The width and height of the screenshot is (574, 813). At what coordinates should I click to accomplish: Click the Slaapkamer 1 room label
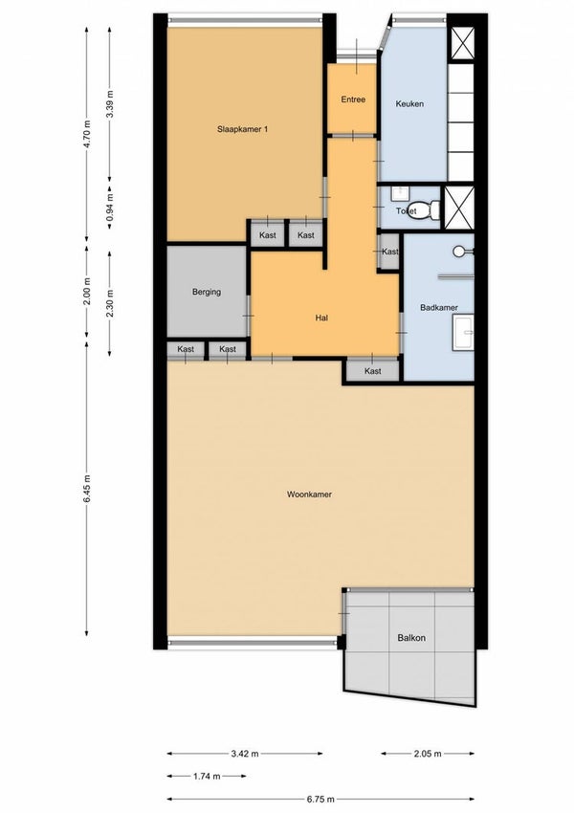[x=242, y=130]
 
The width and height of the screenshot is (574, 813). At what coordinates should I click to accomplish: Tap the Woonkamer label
[x=309, y=494]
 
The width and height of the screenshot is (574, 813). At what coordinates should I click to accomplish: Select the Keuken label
[x=409, y=103]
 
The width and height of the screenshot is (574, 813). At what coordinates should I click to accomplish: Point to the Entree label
[x=353, y=99]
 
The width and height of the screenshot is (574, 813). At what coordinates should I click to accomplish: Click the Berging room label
[x=207, y=292]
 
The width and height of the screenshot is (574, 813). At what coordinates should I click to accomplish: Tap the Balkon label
[x=411, y=638]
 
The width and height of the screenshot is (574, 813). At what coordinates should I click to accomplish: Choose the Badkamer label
[x=439, y=307]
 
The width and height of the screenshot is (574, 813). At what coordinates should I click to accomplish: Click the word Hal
[x=321, y=318]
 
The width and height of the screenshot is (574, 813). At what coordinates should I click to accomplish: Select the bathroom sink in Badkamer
[x=463, y=332]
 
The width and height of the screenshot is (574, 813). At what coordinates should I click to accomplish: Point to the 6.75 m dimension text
[x=320, y=799]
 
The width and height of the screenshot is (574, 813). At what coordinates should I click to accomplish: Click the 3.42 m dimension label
[x=245, y=754]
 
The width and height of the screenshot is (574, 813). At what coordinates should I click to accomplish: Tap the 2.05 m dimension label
[x=428, y=754]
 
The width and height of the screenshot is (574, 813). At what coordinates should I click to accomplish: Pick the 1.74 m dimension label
[x=207, y=777]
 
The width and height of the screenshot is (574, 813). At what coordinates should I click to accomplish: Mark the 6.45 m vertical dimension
[x=87, y=489]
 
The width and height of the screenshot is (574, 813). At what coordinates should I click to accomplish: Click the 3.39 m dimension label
[x=109, y=103]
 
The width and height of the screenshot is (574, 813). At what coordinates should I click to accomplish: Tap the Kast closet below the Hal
[x=373, y=371]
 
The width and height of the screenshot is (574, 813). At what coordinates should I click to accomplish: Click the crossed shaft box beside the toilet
[x=459, y=208]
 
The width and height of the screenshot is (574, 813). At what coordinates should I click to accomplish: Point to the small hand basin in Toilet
[x=399, y=194]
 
